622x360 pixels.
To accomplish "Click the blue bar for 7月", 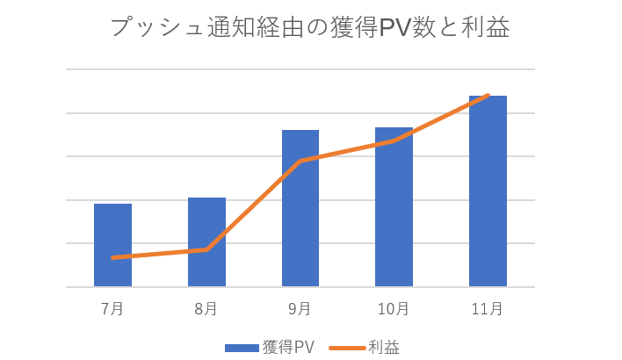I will (x=112, y=245).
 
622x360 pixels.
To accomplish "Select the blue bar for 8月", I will (x=206, y=242).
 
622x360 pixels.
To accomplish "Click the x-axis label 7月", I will (x=112, y=308).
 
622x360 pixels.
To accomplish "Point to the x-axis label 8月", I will (x=206, y=308).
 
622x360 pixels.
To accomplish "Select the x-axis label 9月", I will (x=300, y=308).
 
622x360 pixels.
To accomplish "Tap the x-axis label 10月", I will (x=394, y=308).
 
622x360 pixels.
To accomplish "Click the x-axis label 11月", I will (x=488, y=308).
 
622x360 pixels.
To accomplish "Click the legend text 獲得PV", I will (x=288, y=347).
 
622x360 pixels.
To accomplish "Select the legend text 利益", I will (x=384, y=347).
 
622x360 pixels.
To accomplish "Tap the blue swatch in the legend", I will (x=242, y=348).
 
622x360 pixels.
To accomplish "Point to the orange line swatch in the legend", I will (x=347, y=348).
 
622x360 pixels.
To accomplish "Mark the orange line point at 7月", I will (x=113, y=257).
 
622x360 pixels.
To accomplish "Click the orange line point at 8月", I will (x=206, y=249).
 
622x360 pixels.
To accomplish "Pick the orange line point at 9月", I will (x=300, y=161).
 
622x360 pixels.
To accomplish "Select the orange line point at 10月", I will (x=394, y=140).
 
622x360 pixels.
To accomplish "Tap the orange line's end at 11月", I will (x=488, y=95).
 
